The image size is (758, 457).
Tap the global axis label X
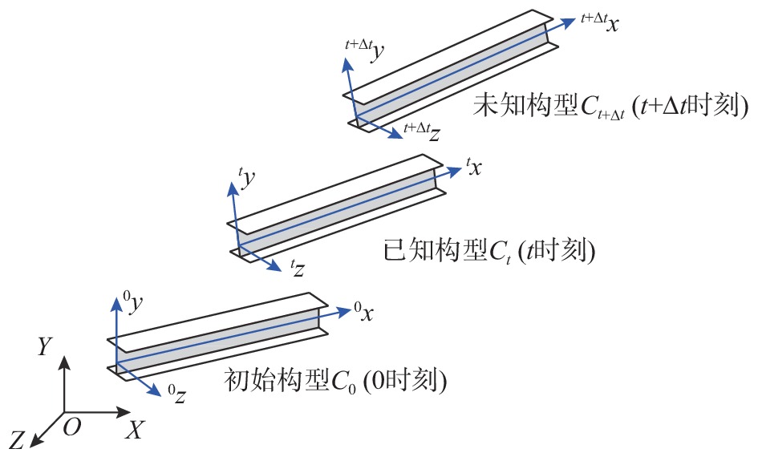click(134, 431)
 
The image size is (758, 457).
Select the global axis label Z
click(18, 438)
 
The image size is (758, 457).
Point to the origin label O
click(71, 428)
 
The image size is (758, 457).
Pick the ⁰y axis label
click(134, 303)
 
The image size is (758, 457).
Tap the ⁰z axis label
click(177, 394)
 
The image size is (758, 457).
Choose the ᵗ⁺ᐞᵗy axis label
click(364, 49)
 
